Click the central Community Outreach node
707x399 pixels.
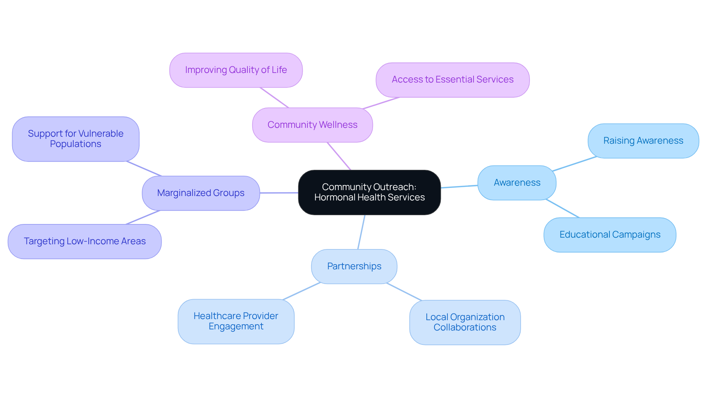point(369,192)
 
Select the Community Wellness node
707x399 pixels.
point(312,125)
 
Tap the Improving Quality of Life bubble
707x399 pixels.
point(236,70)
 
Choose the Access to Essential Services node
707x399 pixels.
point(452,80)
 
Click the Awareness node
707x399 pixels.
point(517,183)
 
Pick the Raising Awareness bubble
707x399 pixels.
point(643,141)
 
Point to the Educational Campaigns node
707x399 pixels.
point(609,235)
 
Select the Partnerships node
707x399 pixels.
point(354,266)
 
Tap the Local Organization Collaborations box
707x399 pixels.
point(465,322)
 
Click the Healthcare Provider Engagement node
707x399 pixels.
point(236,321)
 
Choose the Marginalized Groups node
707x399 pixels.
point(201,193)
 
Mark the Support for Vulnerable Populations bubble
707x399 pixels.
point(75,139)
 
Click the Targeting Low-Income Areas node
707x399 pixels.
point(84,241)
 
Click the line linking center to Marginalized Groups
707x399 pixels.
point(279,193)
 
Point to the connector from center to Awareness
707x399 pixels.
point(459,186)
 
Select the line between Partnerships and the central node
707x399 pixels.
point(361,232)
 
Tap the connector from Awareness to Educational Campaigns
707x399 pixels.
point(563,209)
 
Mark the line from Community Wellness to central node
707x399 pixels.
point(339,156)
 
